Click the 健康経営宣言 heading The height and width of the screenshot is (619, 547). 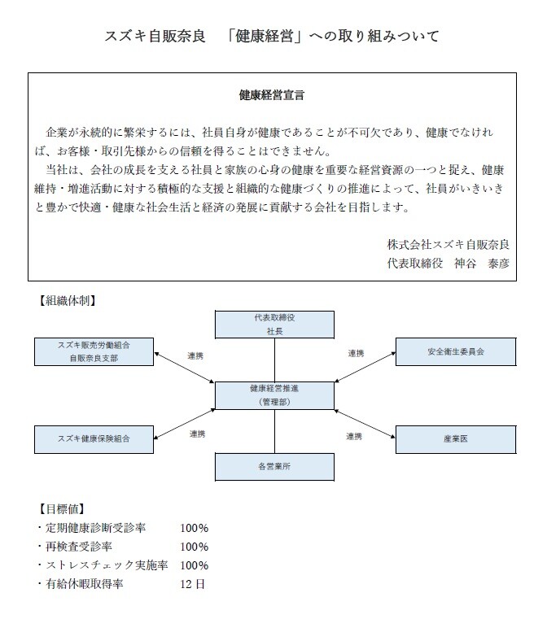coord(272,95)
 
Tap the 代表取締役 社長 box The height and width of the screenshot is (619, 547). coord(274,325)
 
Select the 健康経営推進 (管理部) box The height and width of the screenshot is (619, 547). coord(274,395)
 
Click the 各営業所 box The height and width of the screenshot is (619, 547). coord(274,467)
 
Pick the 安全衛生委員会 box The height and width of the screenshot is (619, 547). coord(455,352)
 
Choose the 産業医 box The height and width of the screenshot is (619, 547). coord(455,439)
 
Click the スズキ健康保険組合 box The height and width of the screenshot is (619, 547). coord(94,439)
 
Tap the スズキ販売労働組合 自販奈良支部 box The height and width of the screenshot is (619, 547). coord(94,351)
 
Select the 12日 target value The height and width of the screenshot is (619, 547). coord(194,583)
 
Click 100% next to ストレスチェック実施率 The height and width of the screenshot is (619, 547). coord(195,565)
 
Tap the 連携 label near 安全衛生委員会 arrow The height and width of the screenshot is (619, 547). coord(357,354)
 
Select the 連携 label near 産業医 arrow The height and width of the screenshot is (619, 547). coord(353,436)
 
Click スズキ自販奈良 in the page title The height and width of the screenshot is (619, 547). coord(155,36)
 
